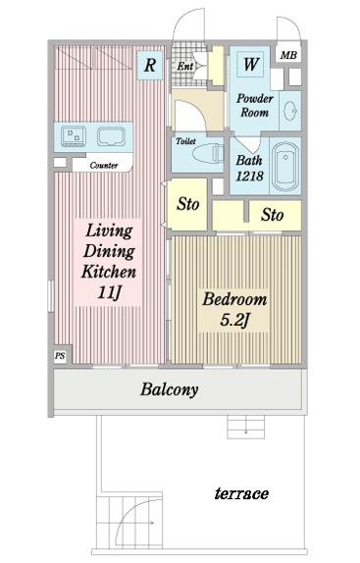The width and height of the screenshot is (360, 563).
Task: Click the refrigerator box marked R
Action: point(150,65)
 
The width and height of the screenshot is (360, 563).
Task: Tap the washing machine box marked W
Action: point(250,64)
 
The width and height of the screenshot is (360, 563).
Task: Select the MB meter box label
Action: point(288,55)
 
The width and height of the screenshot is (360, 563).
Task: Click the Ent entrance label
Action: point(185,66)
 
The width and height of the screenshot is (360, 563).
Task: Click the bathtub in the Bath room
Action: point(285,166)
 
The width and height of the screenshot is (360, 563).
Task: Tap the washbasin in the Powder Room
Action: point(289,111)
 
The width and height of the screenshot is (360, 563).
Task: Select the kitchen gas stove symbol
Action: point(74,136)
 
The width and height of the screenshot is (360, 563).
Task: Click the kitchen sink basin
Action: point(112,136)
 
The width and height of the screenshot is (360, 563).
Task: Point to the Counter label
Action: point(104,165)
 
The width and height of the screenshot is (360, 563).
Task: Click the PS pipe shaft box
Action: point(60,356)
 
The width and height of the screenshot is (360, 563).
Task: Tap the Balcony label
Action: point(169,389)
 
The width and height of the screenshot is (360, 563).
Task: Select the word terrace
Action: point(241,493)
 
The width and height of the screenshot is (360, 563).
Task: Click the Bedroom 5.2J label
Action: point(234,309)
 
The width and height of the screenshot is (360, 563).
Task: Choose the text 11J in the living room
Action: point(109,292)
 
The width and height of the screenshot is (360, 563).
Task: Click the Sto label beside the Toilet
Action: point(187,204)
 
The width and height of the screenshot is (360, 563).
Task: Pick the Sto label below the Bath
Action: point(272,215)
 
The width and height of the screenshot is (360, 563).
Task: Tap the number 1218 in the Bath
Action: point(249,176)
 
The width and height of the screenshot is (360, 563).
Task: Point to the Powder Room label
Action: point(254,106)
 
